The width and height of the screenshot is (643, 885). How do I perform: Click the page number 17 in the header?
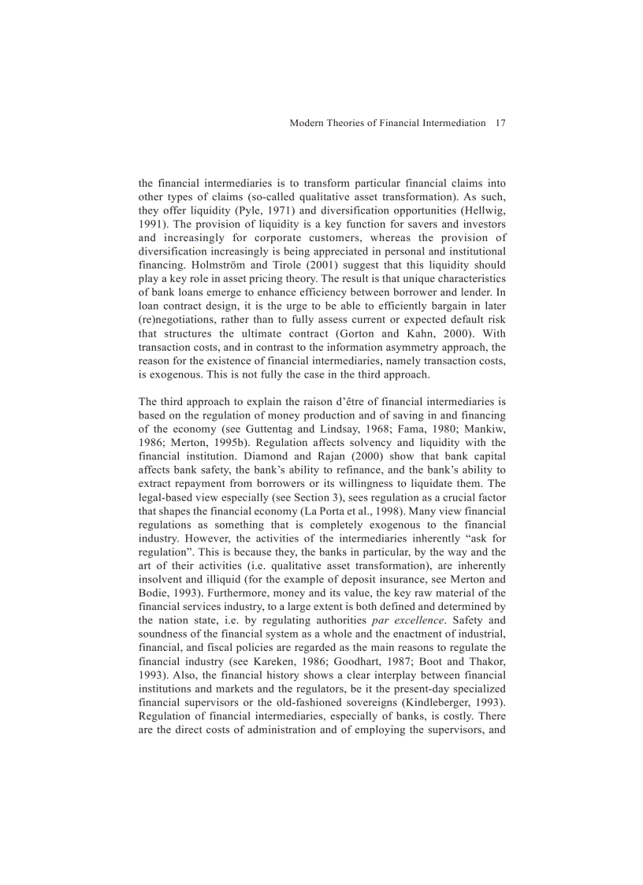(x=500, y=123)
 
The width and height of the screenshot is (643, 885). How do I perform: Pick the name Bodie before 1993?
(x=154, y=593)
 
